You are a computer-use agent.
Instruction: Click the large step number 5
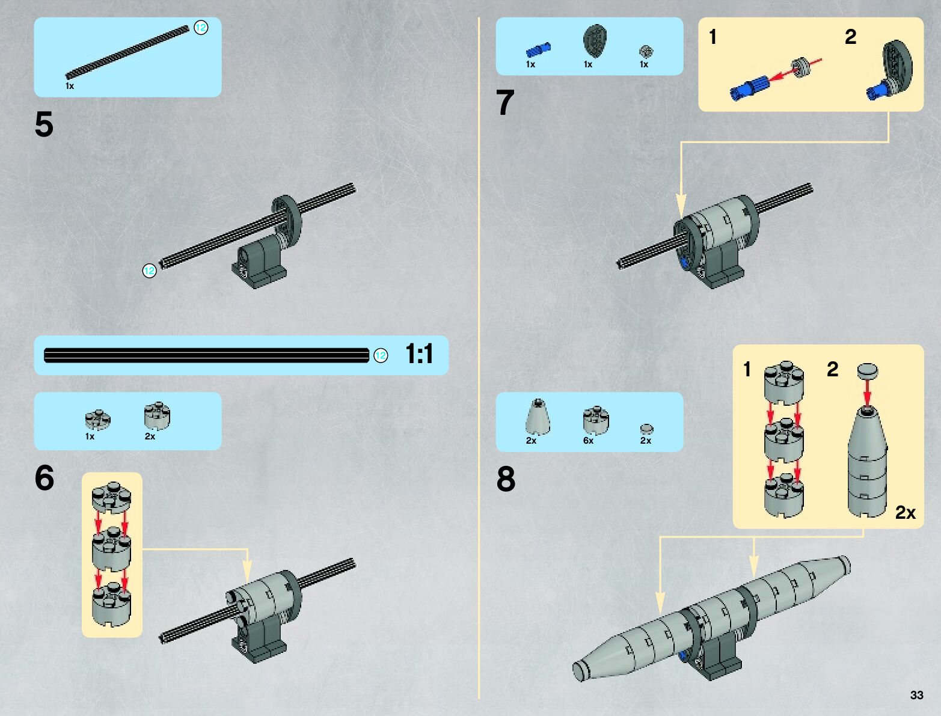(44, 125)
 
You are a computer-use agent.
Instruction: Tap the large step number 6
(44, 479)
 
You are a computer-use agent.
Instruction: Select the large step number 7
(505, 103)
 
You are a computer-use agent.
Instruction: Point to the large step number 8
(506, 479)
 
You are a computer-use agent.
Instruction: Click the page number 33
(916, 695)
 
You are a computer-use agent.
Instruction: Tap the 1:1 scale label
(419, 354)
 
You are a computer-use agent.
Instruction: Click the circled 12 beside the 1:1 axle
(381, 356)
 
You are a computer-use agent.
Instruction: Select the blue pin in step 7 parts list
(538, 50)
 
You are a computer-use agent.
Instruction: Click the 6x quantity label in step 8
(588, 441)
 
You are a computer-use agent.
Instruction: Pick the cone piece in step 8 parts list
(537, 415)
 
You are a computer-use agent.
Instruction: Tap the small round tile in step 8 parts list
(646, 429)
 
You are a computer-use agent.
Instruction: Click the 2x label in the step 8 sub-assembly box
(905, 512)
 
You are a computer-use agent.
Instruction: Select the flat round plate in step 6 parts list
(97, 418)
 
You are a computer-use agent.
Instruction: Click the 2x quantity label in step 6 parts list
(150, 436)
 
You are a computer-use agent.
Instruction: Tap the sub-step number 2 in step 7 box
(850, 37)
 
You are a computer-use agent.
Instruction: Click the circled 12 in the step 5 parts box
(201, 28)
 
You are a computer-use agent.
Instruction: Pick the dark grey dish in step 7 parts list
(594, 41)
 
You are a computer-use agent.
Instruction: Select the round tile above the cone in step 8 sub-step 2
(867, 370)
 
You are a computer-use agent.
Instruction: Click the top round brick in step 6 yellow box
(111, 496)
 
